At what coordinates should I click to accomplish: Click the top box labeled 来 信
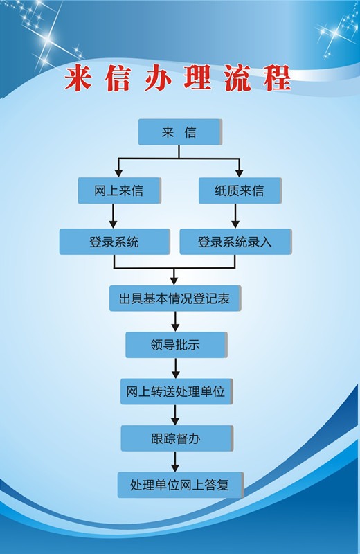[180, 132]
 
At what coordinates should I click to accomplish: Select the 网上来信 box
[119, 190]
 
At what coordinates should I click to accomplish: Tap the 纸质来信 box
[240, 190]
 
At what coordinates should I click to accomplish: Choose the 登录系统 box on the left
[115, 242]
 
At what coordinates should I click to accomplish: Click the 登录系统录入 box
[235, 242]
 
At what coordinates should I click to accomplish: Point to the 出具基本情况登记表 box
[175, 298]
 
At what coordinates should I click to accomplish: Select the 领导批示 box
[177, 345]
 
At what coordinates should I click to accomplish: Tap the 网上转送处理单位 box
[177, 391]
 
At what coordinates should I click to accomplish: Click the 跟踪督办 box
[177, 438]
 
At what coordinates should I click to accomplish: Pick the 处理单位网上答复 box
[181, 485]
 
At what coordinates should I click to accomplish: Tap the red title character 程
[278, 78]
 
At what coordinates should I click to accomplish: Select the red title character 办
[158, 78]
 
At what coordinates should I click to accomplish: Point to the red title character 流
[237, 78]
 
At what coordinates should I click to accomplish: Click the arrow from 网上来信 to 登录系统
[113, 216]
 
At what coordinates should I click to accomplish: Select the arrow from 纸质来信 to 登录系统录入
[235, 216]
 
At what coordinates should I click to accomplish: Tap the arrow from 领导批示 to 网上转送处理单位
[176, 368]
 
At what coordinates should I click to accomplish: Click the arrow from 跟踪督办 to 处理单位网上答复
[175, 462]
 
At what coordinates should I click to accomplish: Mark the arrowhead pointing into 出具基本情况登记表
[174, 281]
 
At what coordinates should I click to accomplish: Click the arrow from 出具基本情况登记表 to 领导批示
[175, 321]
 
